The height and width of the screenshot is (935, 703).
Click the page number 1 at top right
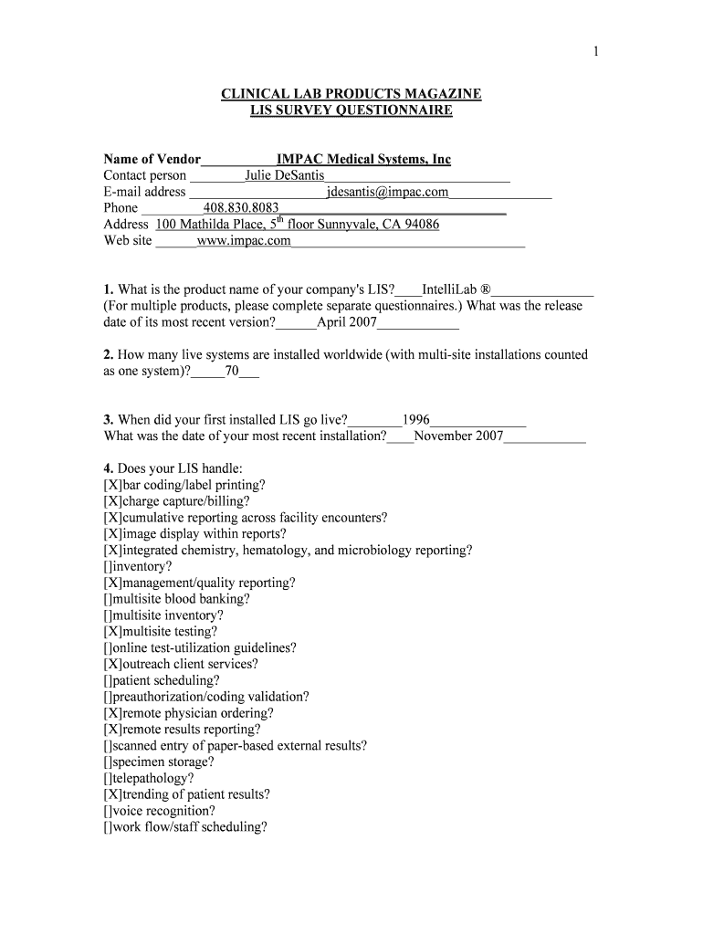pos(594,52)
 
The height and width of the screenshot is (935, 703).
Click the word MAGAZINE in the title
pos(435,94)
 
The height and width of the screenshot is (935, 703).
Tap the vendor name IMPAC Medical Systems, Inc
pos(363,159)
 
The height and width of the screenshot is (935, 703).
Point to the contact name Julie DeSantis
pos(285,175)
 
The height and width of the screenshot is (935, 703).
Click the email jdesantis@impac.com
pos(387,192)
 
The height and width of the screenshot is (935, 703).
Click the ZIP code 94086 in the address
pos(421,225)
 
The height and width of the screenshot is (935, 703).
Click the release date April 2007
pos(346,323)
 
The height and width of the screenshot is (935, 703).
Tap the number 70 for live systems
pos(232,372)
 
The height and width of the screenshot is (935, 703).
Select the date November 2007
pos(458,436)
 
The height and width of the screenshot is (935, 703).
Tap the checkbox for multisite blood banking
pos(109,599)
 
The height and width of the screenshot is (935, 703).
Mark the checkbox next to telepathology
pos(109,779)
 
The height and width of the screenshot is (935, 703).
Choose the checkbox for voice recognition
pos(109,811)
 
